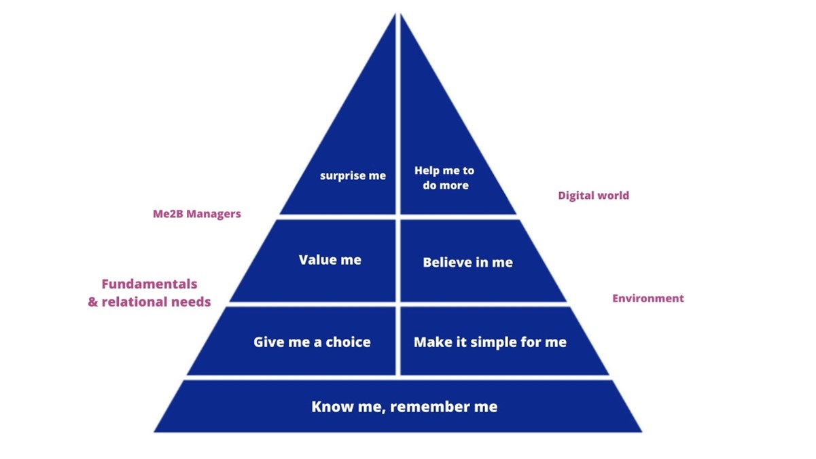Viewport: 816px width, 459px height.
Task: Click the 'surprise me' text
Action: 353,176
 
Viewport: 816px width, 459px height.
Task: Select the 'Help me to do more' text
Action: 444,178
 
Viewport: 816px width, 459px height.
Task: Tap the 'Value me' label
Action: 330,260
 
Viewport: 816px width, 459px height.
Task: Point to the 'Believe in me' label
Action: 467,262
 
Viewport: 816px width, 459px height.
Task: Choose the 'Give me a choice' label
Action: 312,342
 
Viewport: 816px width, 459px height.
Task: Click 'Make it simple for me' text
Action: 490,342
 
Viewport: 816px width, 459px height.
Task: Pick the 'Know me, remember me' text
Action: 404,407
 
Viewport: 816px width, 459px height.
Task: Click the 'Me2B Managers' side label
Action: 196,214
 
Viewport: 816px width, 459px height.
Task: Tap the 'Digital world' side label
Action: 593,196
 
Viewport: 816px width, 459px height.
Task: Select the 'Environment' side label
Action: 648,298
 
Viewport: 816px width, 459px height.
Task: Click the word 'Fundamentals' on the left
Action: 149,284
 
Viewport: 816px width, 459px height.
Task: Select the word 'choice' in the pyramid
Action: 348,342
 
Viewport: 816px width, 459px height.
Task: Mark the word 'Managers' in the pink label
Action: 215,214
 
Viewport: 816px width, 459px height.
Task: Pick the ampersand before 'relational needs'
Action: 93,301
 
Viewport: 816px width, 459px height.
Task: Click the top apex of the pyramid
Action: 397,15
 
